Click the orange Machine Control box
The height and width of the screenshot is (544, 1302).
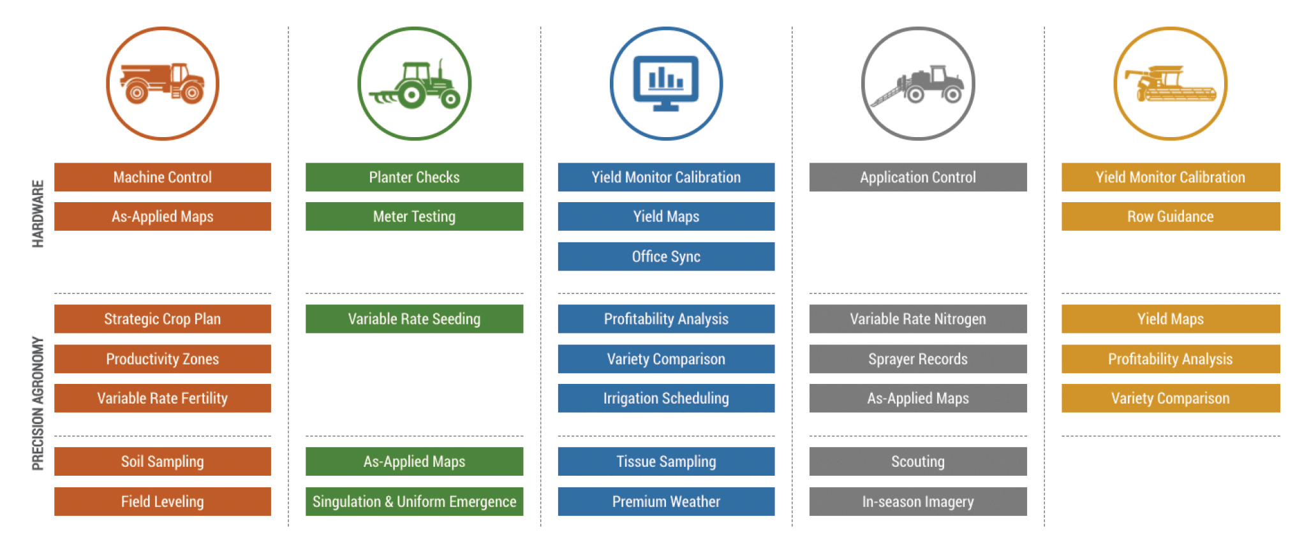click(x=162, y=177)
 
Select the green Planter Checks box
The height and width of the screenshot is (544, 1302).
click(x=414, y=177)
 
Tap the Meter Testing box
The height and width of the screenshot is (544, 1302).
click(x=414, y=217)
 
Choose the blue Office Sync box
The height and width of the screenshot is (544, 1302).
click(x=666, y=256)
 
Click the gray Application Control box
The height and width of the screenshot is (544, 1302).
click(x=917, y=177)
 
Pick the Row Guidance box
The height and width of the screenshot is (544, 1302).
click(x=1170, y=217)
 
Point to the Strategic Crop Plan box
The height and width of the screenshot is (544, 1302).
click(x=162, y=319)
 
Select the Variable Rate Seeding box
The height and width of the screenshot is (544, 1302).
click(x=414, y=319)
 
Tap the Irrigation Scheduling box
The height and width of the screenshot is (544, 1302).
click(x=666, y=398)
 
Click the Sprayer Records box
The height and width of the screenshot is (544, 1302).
click(x=917, y=359)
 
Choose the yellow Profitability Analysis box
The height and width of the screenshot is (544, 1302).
click(x=1170, y=359)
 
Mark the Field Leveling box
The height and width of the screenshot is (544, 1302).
click(x=162, y=501)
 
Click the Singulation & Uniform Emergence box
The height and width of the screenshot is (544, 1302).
click(x=414, y=501)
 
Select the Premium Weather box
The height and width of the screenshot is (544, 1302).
click(x=666, y=501)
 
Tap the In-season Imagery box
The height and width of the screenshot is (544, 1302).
click(x=917, y=501)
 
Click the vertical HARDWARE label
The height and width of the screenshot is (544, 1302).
click(x=38, y=214)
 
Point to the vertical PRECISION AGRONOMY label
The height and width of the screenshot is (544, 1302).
click(x=38, y=403)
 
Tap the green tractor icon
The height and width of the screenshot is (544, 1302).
click(x=414, y=84)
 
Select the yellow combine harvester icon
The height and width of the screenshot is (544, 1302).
click(x=1170, y=84)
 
